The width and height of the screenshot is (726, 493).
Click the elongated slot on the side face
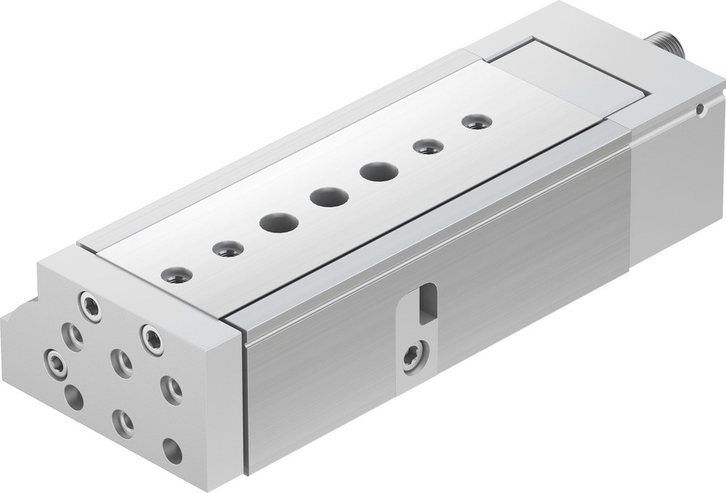point(428,302)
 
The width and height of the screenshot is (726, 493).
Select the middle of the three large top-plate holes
point(328,196)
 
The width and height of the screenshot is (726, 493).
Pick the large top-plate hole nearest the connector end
point(378,172)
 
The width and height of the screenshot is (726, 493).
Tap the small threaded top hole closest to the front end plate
point(176,275)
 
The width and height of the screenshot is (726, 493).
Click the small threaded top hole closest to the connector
point(476,121)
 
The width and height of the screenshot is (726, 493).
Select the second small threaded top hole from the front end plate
point(227,249)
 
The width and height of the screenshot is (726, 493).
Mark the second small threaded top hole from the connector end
point(428,146)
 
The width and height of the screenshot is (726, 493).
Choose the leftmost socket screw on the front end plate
point(55,362)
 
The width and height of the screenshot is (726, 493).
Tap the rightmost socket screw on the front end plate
point(152,339)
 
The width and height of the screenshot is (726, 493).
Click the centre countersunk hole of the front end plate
point(121,362)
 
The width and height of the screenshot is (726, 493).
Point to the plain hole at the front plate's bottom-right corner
point(172,451)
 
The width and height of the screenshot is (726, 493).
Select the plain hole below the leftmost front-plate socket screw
point(73,397)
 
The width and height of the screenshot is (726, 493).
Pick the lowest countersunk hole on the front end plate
point(123,423)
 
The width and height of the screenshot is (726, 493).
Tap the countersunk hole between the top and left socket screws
point(73,335)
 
